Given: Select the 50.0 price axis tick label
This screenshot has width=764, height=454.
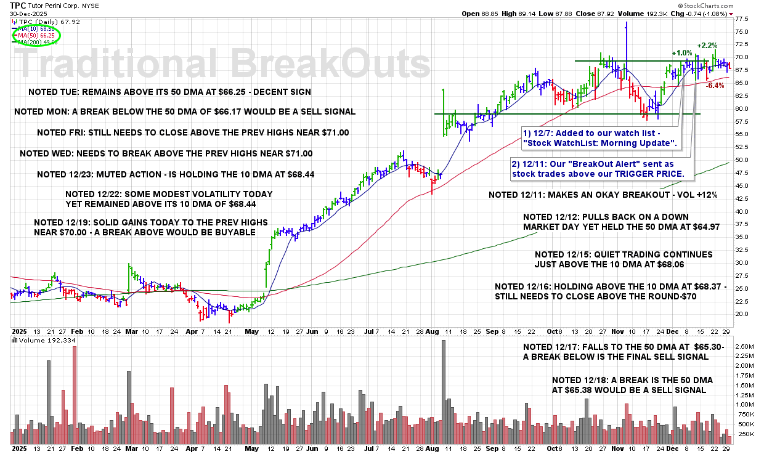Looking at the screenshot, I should tap(742, 160).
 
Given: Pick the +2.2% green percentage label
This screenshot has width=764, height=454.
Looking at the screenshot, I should tap(707, 46).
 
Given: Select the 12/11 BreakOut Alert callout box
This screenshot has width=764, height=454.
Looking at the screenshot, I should tap(603, 169).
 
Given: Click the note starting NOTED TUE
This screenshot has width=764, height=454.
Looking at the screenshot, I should tap(169, 92).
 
